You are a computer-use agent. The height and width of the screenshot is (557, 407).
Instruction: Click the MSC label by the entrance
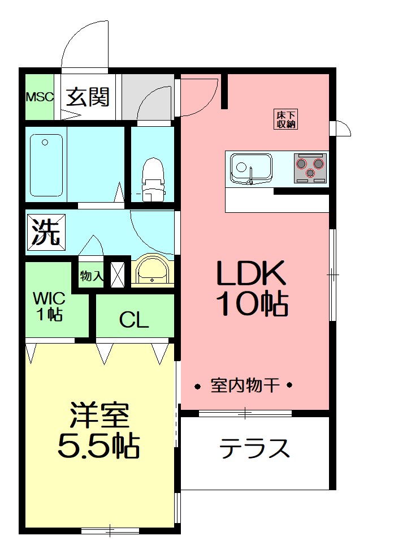click(x=40, y=97)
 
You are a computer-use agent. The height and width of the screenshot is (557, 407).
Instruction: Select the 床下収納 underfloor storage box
click(x=286, y=118)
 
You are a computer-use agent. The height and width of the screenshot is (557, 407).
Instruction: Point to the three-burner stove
click(x=310, y=168)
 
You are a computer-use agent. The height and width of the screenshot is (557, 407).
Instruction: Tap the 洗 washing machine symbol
click(x=46, y=233)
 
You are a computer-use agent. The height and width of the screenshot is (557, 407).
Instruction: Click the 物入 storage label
click(x=91, y=276)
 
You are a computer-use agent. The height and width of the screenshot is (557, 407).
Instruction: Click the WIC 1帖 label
click(x=49, y=306)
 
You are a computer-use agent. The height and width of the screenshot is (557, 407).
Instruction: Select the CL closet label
click(x=134, y=320)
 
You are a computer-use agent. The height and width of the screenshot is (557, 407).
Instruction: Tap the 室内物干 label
click(x=245, y=387)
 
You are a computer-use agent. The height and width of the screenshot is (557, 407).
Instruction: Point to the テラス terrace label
click(x=254, y=449)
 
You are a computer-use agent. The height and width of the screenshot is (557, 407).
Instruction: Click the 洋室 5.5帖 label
click(x=99, y=431)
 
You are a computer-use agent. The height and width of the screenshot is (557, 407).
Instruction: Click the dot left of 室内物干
click(x=198, y=387)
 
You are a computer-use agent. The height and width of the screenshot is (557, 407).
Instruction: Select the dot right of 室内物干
click(x=289, y=387)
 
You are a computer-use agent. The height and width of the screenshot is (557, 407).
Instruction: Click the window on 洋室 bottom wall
click(x=110, y=530)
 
